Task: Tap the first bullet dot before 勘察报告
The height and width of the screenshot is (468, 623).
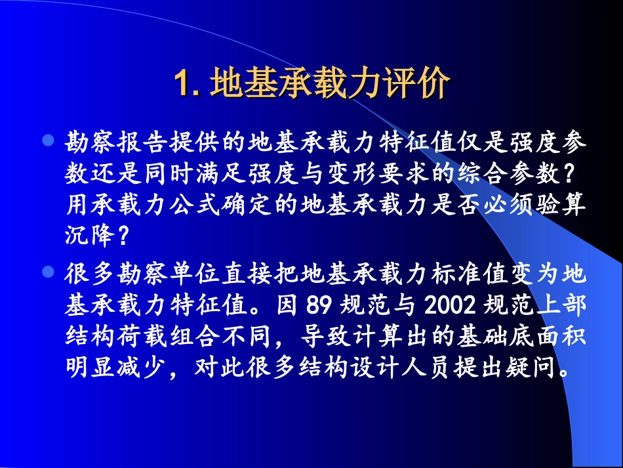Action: coord(47,140)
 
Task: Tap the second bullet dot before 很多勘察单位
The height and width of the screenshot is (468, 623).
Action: coord(47,271)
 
